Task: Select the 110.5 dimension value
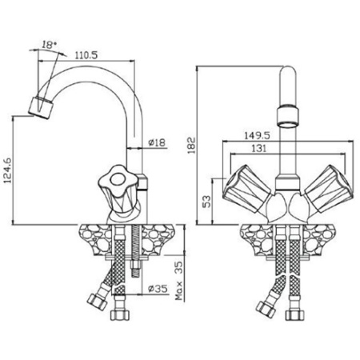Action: (86, 55)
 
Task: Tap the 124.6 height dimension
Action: (8, 170)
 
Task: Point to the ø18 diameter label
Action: (157, 142)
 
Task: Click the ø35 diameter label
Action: (158, 289)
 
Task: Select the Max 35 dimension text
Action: (179, 281)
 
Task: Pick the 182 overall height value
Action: (191, 146)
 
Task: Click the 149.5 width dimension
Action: (257, 135)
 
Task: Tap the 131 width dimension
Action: (258, 148)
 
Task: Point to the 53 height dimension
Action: (206, 202)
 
